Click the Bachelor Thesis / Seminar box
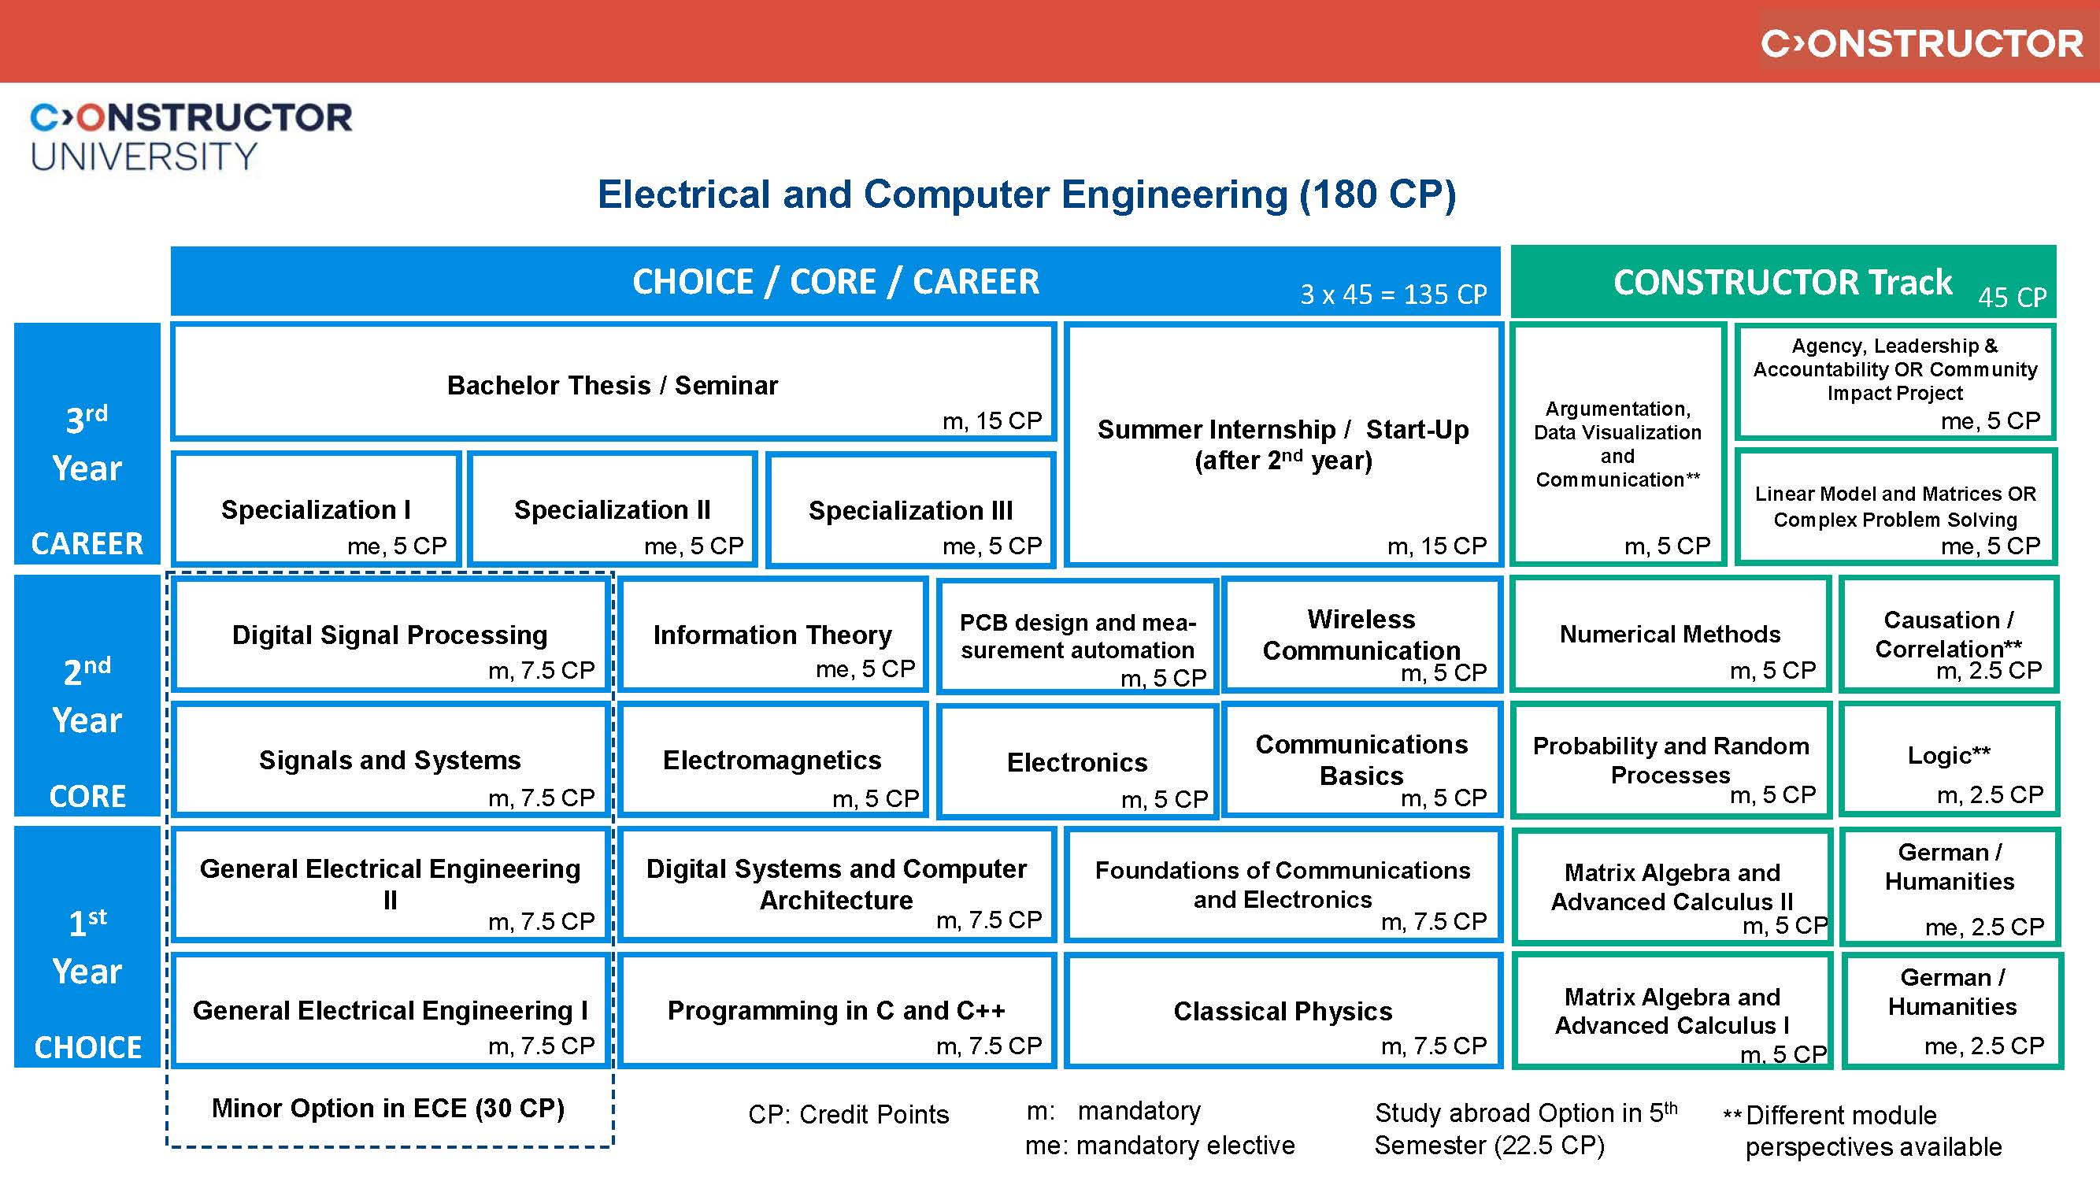point(613,383)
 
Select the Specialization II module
point(613,510)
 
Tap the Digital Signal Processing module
point(390,635)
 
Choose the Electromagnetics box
point(772,761)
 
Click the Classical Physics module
point(1283,1012)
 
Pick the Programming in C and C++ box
point(836,1012)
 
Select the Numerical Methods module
point(1669,635)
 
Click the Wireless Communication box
point(1361,635)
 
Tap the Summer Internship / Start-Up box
point(1283,445)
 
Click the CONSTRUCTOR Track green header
point(1783,282)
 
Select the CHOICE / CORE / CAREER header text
point(835,282)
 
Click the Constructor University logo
point(191,135)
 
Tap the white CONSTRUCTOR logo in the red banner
point(1921,43)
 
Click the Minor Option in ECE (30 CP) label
point(388,1109)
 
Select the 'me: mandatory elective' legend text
point(1159,1146)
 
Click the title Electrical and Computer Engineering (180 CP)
point(1026,194)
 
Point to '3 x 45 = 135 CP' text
point(1392,294)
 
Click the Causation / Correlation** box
point(1949,635)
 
